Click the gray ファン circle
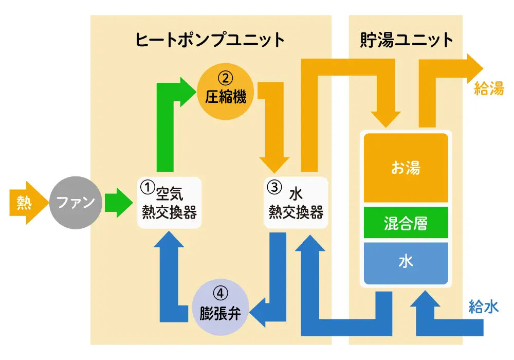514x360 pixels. [75, 202]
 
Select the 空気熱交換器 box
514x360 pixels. [170, 203]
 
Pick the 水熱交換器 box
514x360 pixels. [296, 203]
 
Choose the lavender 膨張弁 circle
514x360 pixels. [220, 307]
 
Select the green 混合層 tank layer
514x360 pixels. [406, 223]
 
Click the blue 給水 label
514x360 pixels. [484, 307]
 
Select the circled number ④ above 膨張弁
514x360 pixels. [220, 294]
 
